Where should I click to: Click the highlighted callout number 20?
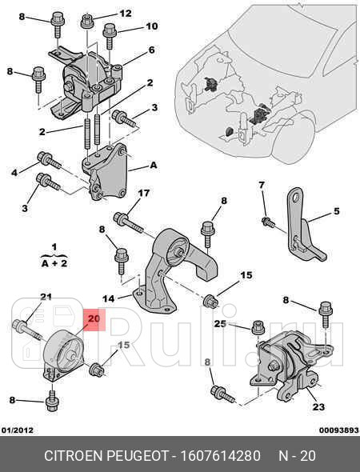[x=94, y=318]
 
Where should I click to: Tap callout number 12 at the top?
[x=126, y=14]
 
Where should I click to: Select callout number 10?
[x=152, y=26]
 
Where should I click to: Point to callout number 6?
[x=151, y=50]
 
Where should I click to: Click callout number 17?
[x=144, y=193]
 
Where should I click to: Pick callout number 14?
[x=108, y=298]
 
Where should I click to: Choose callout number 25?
[x=220, y=324]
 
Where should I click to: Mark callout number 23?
[x=318, y=407]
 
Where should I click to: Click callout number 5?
[x=336, y=211]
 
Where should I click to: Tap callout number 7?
[x=262, y=185]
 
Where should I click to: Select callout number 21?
[x=46, y=297]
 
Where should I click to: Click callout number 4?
[x=14, y=173]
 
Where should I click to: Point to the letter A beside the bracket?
[x=154, y=165]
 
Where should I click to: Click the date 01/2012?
[x=18, y=430]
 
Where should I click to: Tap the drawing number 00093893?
[x=339, y=430]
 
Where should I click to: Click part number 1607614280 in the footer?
[x=220, y=456]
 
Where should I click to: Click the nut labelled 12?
[x=87, y=22]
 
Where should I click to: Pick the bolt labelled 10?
[x=110, y=36]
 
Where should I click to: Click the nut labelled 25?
[x=258, y=327]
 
